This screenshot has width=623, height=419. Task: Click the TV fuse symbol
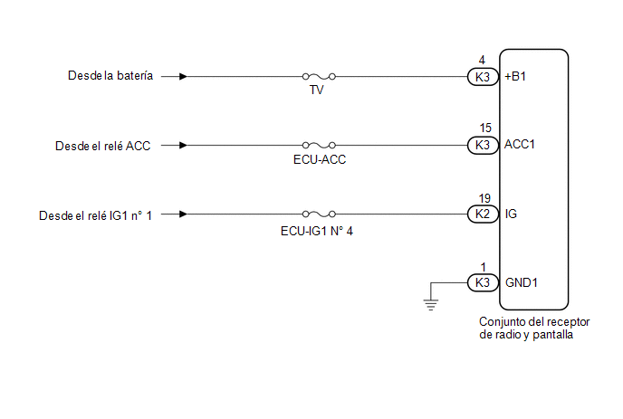point(319,76)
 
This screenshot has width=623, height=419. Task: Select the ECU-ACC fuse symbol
point(319,146)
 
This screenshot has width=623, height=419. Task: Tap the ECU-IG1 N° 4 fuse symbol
point(319,214)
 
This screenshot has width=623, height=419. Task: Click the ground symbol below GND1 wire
point(431,304)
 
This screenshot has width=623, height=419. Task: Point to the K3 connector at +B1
point(483,77)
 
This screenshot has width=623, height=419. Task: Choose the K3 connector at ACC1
point(483,145)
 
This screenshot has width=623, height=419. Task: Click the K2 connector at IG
point(483,214)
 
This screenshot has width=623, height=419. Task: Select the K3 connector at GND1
point(483,282)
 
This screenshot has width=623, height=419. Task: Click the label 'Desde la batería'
point(110,75)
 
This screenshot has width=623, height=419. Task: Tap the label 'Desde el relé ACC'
point(103,146)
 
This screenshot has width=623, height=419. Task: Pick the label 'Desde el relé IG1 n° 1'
point(95,215)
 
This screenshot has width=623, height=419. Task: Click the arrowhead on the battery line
point(183,76)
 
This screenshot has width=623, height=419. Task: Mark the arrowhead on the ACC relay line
point(183,146)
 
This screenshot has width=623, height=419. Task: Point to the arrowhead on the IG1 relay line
point(183,214)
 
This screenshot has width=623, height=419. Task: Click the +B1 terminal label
point(515,76)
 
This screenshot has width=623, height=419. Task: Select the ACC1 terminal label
point(519,144)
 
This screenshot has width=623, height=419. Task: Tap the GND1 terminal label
point(522,282)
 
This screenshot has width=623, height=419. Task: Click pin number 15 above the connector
point(485,128)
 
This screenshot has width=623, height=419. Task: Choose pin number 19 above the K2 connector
point(484,198)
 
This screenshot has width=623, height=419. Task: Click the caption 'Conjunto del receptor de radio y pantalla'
point(534,329)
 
